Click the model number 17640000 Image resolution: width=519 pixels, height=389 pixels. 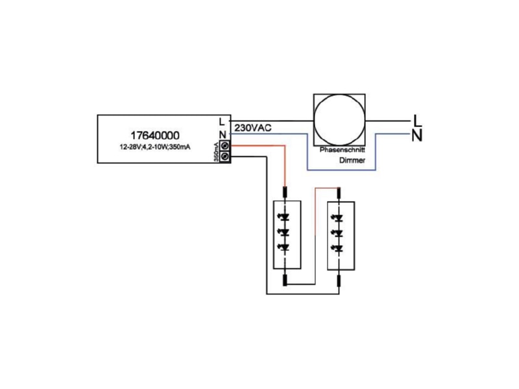point(155,136)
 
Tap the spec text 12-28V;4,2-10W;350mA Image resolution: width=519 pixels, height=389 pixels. point(155,147)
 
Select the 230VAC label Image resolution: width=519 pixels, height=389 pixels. point(253,128)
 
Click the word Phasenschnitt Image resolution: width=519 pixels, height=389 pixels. point(343,150)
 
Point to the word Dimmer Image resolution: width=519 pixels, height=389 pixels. point(352,160)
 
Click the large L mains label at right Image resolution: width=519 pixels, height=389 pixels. point(418,121)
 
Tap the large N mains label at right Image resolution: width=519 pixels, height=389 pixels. point(417,136)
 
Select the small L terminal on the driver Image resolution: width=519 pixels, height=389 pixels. point(222,121)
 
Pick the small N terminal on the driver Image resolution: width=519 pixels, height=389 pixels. point(223,135)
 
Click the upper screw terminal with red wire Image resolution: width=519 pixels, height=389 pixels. point(225,145)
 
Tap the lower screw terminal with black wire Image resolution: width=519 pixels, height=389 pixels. point(225,156)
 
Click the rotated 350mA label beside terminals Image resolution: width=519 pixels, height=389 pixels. point(216,152)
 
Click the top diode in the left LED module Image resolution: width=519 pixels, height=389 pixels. point(284,217)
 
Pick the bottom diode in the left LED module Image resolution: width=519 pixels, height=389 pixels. point(284,248)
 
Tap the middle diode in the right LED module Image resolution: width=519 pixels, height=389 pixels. point(338,233)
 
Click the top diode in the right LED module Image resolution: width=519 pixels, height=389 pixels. point(338,218)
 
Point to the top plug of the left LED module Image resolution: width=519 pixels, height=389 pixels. point(285,193)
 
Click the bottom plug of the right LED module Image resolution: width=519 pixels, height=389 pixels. point(339,281)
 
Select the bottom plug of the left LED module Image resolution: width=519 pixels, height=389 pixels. point(285,280)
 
